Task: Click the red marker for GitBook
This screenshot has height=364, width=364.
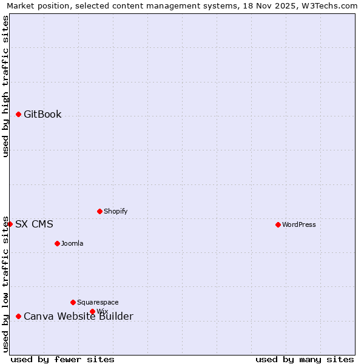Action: point(19,114)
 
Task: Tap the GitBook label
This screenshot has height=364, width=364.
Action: point(42,114)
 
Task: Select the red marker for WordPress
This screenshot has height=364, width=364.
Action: point(278,224)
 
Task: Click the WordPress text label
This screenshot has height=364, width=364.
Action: point(299,224)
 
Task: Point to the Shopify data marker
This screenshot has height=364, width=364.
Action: point(99,211)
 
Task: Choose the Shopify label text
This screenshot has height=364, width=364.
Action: point(115,211)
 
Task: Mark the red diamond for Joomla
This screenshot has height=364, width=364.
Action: point(57,243)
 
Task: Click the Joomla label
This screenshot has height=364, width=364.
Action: point(72,243)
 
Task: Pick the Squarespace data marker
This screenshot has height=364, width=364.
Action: point(73,302)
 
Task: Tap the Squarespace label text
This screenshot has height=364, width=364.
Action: point(98,302)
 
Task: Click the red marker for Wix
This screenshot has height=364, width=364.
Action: point(92,311)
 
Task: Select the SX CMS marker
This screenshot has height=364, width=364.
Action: point(10,224)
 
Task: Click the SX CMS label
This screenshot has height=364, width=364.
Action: point(34,224)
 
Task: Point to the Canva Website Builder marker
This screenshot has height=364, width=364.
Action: point(19,316)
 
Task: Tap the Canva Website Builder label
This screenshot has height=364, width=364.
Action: point(78,316)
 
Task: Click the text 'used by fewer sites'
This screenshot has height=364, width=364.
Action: point(62,359)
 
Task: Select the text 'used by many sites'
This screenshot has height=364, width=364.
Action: point(305,359)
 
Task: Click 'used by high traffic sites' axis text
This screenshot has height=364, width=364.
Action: point(6,86)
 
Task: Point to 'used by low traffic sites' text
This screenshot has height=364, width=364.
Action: point(6,284)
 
